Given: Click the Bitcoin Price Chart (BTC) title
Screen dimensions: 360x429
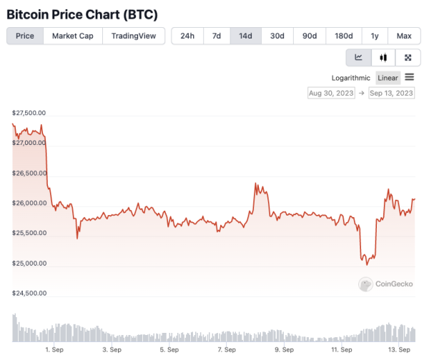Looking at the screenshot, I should [82, 14].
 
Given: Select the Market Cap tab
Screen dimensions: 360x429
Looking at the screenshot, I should [73, 36].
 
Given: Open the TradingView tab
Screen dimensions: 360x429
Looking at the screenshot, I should [134, 36].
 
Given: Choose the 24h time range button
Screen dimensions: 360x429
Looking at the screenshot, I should [187, 36].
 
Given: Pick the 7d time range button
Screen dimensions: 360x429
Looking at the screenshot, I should [217, 36].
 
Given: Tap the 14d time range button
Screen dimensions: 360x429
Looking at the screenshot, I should [245, 36].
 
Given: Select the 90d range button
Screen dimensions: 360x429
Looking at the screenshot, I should [310, 36].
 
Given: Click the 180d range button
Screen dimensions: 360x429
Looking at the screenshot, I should [344, 36].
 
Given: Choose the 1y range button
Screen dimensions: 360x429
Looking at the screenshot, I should [375, 36].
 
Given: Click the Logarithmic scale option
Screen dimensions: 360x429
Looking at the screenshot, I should [351, 78].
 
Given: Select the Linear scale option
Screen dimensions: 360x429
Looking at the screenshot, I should [388, 78].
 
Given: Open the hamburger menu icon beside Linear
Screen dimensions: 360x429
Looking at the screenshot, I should [410, 77].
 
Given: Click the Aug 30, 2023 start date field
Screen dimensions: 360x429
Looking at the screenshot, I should [331, 93].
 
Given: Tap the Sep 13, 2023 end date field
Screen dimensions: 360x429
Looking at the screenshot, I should [391, 93].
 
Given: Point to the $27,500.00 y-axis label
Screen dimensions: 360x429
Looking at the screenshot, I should [29, 113].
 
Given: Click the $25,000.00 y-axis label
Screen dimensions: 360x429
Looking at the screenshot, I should [29, 263].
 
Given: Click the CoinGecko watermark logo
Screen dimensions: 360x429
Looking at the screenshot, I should [387, 284].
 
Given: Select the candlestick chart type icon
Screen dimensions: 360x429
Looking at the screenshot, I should [383, 57].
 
